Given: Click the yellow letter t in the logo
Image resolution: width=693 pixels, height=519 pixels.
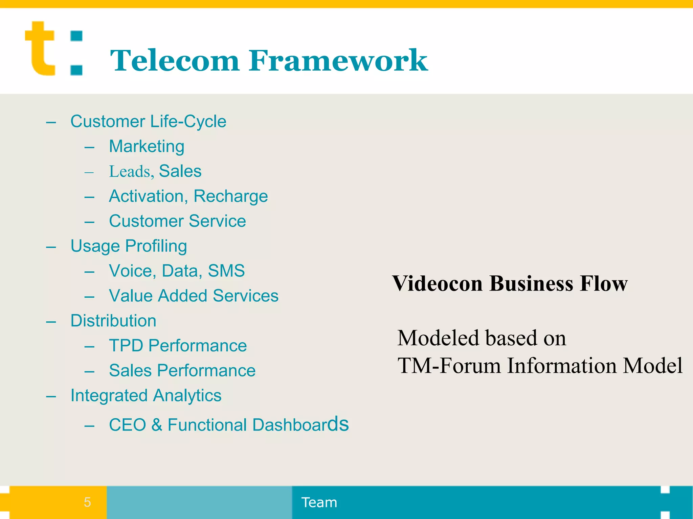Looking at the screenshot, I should (x=40, y=49).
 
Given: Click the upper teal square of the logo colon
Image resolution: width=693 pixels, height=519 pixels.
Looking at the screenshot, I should (x=76, y=36).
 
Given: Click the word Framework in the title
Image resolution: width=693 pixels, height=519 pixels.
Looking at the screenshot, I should (x=338, y=61).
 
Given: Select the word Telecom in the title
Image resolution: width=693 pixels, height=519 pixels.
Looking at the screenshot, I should (x=175, y=61).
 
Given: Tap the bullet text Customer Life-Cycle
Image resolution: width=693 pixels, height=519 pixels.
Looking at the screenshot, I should (x=148, y=121).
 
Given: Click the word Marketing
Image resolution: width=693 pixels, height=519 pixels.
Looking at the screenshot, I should (x=147, y=146).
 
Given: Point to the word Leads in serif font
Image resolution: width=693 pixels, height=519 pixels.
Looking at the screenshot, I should (x=130, y=171).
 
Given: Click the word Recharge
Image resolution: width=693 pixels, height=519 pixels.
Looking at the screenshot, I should (x=231, y=196).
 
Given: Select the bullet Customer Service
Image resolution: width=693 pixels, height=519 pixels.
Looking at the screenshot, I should (x=177, y=221).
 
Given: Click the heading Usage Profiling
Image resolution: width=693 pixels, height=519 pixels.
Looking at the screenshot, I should (x=129, y=246).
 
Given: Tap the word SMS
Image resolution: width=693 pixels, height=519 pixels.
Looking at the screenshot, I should (x=226, y=271).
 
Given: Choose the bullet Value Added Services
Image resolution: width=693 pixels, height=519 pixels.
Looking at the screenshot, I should (x=194, y=296).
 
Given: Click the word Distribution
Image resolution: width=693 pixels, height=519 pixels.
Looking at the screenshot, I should (x=113, y=321).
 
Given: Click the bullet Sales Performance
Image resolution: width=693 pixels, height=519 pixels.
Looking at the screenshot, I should (x=182, y=371).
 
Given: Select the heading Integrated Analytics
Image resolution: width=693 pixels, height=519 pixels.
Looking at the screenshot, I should (x=146, y=396).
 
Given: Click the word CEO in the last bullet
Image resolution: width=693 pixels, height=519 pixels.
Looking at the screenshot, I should (x=127, y=425).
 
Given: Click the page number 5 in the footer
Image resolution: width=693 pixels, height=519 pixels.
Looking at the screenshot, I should (x=87, y=502).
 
